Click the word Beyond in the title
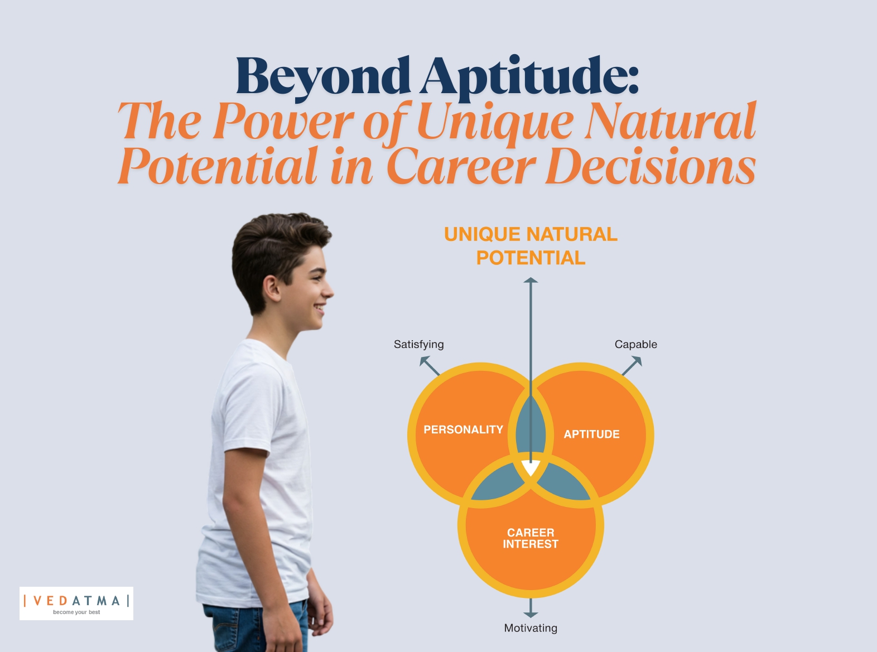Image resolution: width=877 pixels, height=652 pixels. pyautogui.click(x=323, y=77)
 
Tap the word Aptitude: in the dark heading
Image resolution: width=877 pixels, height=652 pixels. pyautogui.click(x=529, y=78)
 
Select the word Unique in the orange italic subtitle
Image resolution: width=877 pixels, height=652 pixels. pyautogui.click(x=495, y=123)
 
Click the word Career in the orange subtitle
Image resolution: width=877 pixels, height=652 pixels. pyautogui.click(x=461, y=166)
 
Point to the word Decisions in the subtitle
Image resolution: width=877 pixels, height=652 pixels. pyautogui.click(x=651, y=166)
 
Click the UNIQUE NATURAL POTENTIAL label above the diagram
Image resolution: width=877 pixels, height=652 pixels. pyautogui.click(x=531, y=246)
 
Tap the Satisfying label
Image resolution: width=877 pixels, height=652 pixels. pyautogui.click(x=419, y=345)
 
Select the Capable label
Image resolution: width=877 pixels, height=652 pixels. pyautogui.click(x=636, y=344)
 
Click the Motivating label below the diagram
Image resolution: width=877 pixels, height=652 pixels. pyautogui.click(x=531, y=628)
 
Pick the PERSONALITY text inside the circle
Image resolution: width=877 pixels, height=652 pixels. pyautogui.click(x=463, y=429)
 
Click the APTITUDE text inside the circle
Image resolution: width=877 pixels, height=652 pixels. pyautogui.click(x=591, y=434)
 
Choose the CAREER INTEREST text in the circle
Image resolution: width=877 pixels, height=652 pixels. pyautogui.click(x=531, y=538)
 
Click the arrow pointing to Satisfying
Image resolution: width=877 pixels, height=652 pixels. pyautogui.click(x=430, y=365)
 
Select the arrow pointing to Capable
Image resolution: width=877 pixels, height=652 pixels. pyautogui.click(x=632, y=366)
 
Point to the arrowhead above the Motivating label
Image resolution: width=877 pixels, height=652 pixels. pyautogui.click(x=531, y=615)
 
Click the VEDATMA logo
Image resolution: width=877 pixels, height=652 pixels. pyautogui.click(x=76, y=603)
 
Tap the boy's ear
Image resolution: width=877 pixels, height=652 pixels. pyautogui.click(x=271, y=289)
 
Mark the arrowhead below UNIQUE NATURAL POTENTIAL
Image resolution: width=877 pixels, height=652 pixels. pyautogui.click(x=531, y=280)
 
